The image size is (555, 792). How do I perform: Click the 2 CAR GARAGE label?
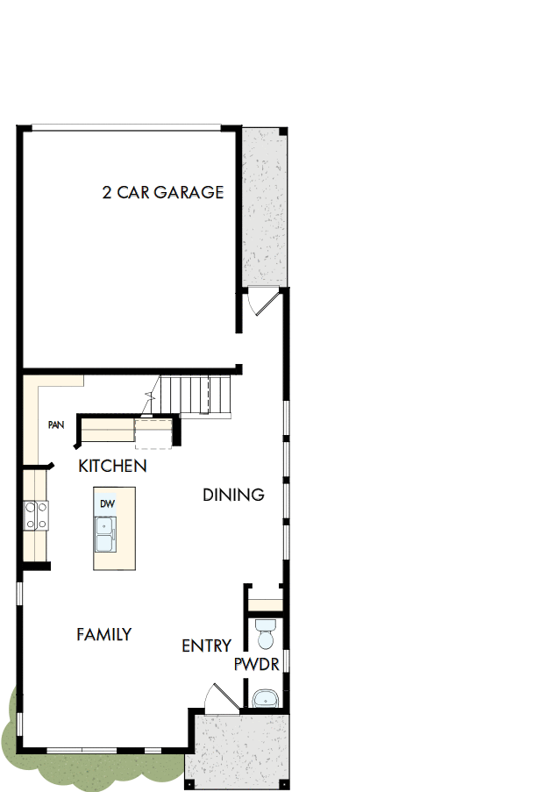click(x=163, y=192)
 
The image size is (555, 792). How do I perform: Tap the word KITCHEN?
click(x=112, y=466)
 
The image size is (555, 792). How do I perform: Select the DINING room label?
click(x=233, y=495)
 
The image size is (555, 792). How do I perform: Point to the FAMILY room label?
click(x=103, y=634)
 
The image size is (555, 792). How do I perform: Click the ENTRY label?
click(x=206, y=646)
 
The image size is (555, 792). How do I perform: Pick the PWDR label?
click(x=257, y=665)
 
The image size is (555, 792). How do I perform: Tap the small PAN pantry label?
click(x=56, y=425)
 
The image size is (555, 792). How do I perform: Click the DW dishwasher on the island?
click(x=107, y=504)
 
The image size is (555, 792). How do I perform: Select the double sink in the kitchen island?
click(x=105, y=534)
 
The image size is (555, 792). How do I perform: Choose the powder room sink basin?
click(x=264, y=699)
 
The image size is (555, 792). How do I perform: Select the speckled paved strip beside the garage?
click(x=264, y=206)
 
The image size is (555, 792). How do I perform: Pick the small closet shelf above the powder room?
click(x=264, y=604)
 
